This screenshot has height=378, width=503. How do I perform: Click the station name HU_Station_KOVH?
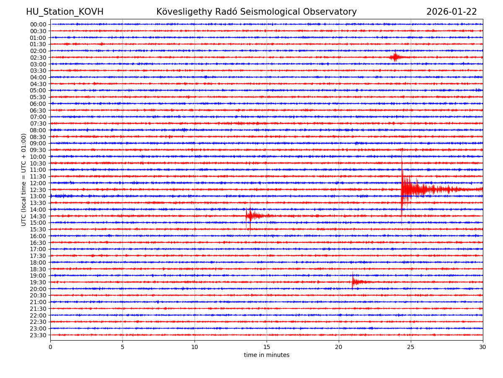click(x=65, y=12)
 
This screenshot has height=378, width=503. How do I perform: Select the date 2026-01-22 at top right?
click(x=451, y=12)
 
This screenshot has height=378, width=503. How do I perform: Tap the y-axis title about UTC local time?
click(x=24, y=179)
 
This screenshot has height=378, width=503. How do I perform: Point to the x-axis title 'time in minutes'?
click(x=267, y=355)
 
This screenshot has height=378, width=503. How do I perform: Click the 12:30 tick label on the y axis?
click(x=38, y=190)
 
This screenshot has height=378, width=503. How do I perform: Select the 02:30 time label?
click(x=38, y=58)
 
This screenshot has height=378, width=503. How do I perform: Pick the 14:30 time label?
click(x=38, y=216)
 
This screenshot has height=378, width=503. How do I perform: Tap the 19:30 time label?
click(x=38, y=282)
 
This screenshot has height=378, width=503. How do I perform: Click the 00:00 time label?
click(x=38, y=24)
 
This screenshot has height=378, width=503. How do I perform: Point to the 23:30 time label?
click(x=38, y=335)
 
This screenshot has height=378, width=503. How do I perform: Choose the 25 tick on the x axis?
click(x=411, y=347)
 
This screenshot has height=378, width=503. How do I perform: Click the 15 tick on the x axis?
click(x=267, y=347)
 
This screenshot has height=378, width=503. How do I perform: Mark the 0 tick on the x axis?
click(x=50, y=347)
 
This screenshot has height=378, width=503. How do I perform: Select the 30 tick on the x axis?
click(x=483, y=347)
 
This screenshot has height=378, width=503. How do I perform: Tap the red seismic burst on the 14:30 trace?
click(x=251, y=216)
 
